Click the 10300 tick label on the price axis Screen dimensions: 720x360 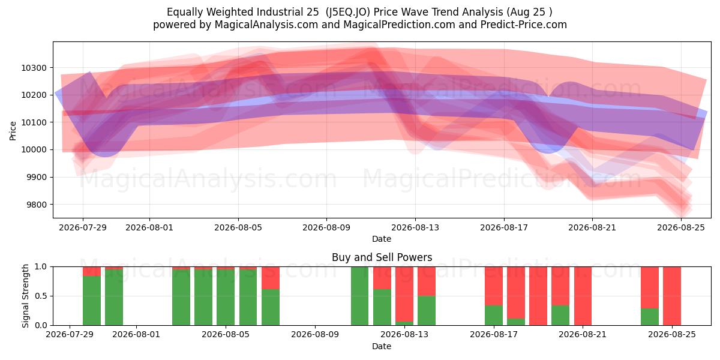tap(34, 68)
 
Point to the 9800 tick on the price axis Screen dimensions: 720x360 tap(37, 205)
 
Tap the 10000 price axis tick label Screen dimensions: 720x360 tap(34, 150)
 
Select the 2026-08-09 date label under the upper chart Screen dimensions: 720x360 tap(326, 227)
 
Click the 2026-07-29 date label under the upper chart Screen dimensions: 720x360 tap(83, 227)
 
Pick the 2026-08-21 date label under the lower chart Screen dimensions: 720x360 tap(583, 334)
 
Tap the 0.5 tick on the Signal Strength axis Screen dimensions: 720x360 tap(41, 296)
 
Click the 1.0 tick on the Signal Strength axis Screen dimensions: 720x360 tap(41, 267)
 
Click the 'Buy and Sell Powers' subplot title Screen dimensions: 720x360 tap(382, 257)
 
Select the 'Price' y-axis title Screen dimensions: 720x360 tap(13, 131)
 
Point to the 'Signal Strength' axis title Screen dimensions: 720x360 tap(25, 296)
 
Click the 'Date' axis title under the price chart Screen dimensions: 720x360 tap(382, 239)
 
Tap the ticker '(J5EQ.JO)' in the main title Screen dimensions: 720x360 tap(347, 12)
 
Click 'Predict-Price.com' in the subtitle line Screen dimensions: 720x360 tap(524, 25)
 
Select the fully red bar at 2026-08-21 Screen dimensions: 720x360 tap(583, 296)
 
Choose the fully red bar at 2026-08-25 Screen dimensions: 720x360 tap(672, 296)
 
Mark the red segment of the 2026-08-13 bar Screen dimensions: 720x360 tap(404, 294)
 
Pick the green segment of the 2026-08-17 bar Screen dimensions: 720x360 tap(494, 316)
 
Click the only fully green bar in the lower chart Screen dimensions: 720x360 tap(359, 296)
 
